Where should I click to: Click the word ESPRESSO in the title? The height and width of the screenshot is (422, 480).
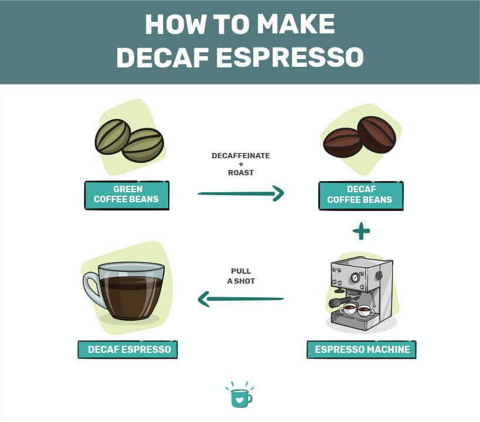[x=290, y=57]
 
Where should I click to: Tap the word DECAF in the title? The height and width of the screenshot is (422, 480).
[x=162, y=57]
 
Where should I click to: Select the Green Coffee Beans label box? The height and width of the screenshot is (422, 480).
[x=127, y=195]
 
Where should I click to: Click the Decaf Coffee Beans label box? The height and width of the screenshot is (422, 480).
[x=361, y=195]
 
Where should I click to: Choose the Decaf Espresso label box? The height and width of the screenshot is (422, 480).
[x=128, y=349]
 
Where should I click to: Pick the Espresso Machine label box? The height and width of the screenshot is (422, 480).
[x=362, y=349]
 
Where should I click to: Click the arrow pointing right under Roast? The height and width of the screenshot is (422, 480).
[x=241, y=193]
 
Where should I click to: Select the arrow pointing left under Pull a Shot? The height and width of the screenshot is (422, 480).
[x=241, y=299]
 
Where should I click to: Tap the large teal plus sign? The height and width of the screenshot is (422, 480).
[x=361, y=231]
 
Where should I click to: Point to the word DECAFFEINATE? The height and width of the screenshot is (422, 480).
[x=241, y=155]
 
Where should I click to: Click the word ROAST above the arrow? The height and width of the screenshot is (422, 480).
[x=241, y=173]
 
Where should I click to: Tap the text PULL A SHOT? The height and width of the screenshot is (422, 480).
[x=241, y=276]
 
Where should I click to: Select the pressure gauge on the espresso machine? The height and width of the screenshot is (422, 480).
[x=355, y=277]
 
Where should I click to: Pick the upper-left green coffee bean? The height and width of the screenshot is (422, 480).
[x=113, y=137]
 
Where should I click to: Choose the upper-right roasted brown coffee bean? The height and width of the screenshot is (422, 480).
[x=376, y=134]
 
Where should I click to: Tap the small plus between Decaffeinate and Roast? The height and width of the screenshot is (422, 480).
[x=241, y=164]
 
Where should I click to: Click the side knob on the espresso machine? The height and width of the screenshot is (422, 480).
[x=379, y=275]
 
